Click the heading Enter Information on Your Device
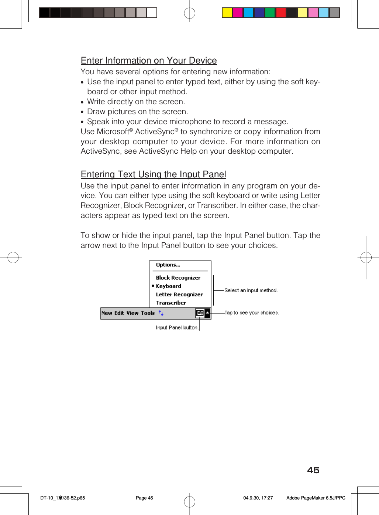tap(149, 61)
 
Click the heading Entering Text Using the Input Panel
tap(153, 174)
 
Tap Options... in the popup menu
tap(168, 265)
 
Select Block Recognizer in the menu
tap(178, 278)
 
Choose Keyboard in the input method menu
tap(168, 286)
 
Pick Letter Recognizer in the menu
tap(179, 295)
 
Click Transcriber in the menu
tap(171, 303)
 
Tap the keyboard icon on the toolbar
tap(200, 313)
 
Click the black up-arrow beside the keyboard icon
tap(207, 313)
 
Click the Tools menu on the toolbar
tap(148, 313)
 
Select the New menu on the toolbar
tap(107, 313)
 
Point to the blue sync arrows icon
tap(161, 313)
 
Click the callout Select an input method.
tap(251, 291)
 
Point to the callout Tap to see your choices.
tap(252, 313)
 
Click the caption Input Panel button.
tap(177, 328)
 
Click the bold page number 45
tap(313, 470)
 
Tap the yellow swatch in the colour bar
tap(227, 13)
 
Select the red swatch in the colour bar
tap(281, 13)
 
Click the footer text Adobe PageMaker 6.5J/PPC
tap(316, 498)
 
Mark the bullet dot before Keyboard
tap(153, 286)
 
